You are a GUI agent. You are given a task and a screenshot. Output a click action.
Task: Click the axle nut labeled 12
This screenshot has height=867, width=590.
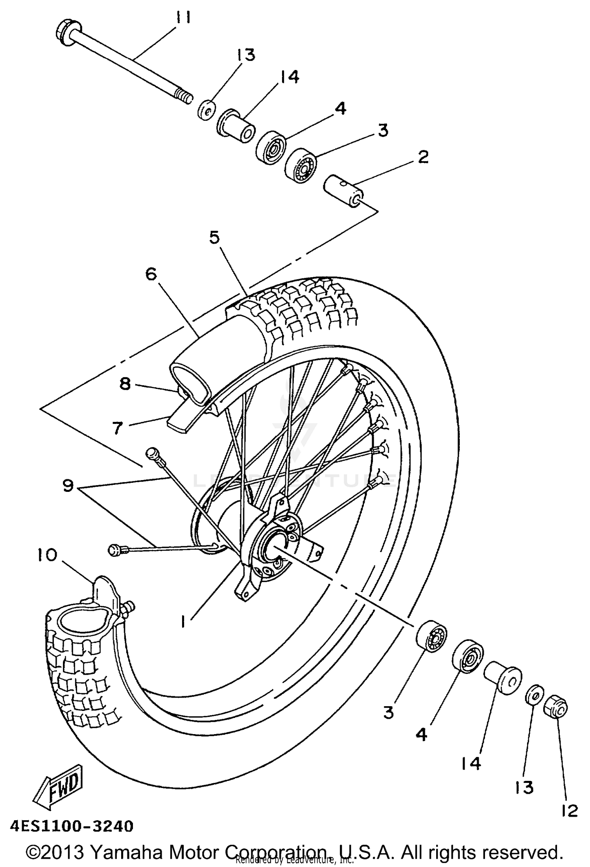[x=555, y=708]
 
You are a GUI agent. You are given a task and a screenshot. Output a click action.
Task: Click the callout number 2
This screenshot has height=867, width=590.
[x=422, y=157]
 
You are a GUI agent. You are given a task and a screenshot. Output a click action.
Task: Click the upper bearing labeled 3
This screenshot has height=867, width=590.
[x=301, y=164]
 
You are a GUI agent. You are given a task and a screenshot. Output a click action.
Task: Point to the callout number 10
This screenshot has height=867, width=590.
[x=48, y=556]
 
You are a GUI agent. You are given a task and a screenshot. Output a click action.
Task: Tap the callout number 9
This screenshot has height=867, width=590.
[x=68, y=486]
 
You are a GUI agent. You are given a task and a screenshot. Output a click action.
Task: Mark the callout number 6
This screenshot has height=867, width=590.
[x=151, y=274]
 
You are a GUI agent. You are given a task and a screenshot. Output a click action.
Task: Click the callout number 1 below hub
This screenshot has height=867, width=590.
[x=183, y=621]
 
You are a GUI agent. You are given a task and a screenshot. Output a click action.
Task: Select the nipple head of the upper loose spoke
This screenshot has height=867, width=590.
[x=151, y=453]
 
